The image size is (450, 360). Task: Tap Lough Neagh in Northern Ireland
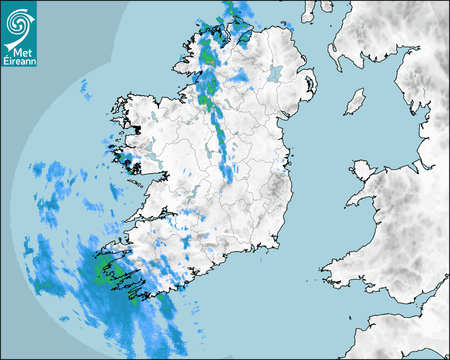275,73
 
